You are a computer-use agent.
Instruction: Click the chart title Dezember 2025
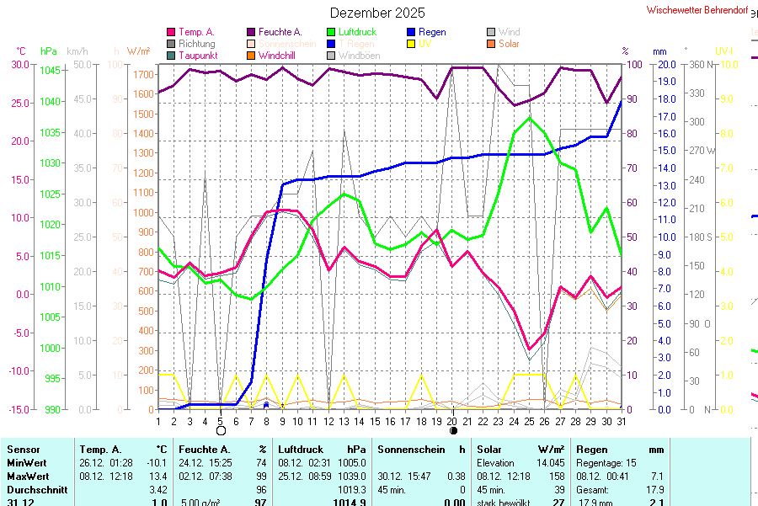click(377, 13)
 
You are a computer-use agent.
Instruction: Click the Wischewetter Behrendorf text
click(697, 10)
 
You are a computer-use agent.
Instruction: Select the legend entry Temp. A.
click(196, 32)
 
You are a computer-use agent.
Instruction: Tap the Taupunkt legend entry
click(197, 55)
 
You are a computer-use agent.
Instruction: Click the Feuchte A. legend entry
click(280, 32)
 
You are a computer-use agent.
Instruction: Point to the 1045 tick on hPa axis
click(51, 70)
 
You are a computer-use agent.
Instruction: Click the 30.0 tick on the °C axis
click(17, 64)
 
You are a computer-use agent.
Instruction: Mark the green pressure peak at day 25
click(529, 117)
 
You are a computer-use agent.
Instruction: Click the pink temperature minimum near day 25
click(529, 349)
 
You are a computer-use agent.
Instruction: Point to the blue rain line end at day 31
click(622, 101)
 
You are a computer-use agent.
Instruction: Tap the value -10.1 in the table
click(157, 463)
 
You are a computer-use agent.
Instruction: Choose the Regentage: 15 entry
click(606, 463)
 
